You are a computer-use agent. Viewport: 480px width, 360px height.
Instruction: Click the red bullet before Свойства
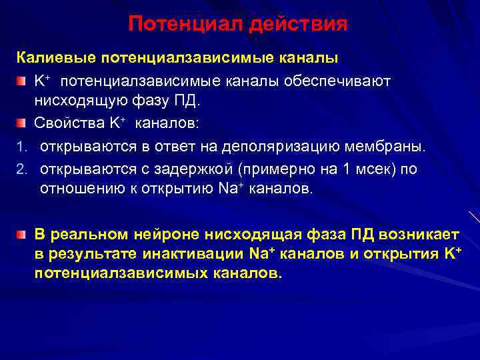coord(21,124)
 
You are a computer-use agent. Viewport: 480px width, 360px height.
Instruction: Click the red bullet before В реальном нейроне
coord(21,235)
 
